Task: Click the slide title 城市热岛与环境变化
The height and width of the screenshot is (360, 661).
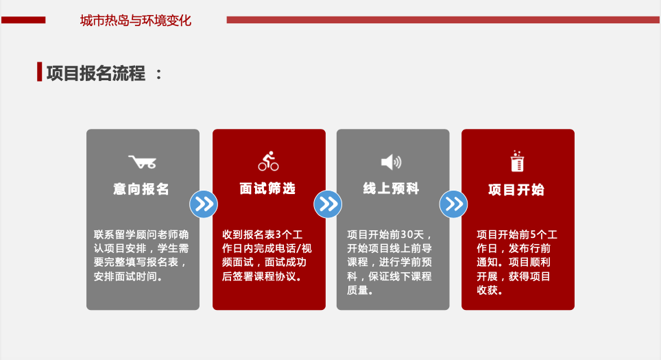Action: (135, 21)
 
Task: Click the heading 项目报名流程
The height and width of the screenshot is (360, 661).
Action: (96, 73)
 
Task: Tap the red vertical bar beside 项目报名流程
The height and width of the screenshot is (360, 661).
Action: (39, 72)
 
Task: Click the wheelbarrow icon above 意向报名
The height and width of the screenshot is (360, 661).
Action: (143, 162)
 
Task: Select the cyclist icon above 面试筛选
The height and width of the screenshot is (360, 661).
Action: (269, 161)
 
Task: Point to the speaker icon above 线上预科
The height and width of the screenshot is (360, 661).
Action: (392, 162)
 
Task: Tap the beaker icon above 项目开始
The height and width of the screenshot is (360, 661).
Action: (517, 161)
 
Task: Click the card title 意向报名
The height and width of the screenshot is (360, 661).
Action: (141, 189)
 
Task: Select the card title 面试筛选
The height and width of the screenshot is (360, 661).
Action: (267, 189)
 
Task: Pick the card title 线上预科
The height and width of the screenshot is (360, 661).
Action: (392, 189)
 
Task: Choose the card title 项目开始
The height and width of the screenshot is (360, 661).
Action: (516, 190)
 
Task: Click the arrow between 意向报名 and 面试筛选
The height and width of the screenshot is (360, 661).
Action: (204, 204)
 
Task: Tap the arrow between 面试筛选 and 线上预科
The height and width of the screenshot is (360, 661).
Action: (328, 204)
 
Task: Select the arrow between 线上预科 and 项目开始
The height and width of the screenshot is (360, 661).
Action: (453, 204)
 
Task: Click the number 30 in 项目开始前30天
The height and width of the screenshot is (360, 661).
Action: (407, 235)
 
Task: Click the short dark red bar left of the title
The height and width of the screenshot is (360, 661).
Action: (23, 20)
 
